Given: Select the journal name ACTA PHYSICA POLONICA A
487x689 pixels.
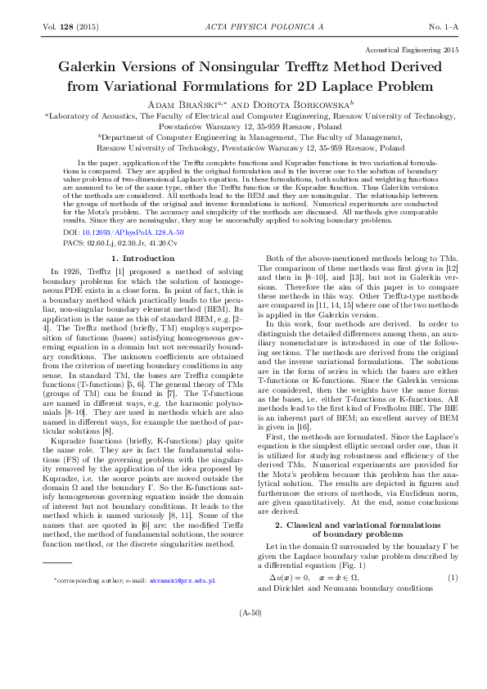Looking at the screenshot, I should pyautogui.click(x=243, y=27).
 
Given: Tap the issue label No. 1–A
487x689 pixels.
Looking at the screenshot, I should pyautogui.click(x=444, y=27).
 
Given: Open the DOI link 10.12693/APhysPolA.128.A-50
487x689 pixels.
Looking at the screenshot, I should pyautogui.click(x=133, y=232).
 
